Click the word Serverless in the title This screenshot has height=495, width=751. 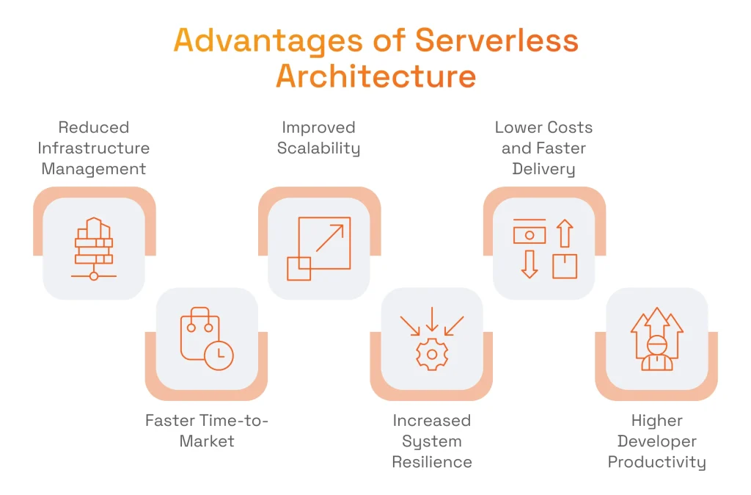coord(497,41)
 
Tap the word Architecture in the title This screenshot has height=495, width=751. coord(375,76)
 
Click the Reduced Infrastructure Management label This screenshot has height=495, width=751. coord(94,148)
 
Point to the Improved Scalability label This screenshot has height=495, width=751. coord(318,138)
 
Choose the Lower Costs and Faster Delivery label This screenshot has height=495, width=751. coord(543,148)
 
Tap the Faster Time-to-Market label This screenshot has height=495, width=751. coord(207,431)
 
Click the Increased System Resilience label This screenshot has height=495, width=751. coord(432,441)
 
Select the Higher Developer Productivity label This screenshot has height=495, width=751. coord(656,441)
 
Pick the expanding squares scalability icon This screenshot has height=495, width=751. coord(318,248)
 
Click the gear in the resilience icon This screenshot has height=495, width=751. coord(432,354)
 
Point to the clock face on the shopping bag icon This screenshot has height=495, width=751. coord(219,355)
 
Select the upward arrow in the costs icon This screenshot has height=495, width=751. coord(564,233)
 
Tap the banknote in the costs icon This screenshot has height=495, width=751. coord(529,234)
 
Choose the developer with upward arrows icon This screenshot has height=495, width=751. coord(656,339)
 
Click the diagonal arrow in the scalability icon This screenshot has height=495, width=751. coord(330,238)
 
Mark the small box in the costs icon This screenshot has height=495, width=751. coord(565,266)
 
